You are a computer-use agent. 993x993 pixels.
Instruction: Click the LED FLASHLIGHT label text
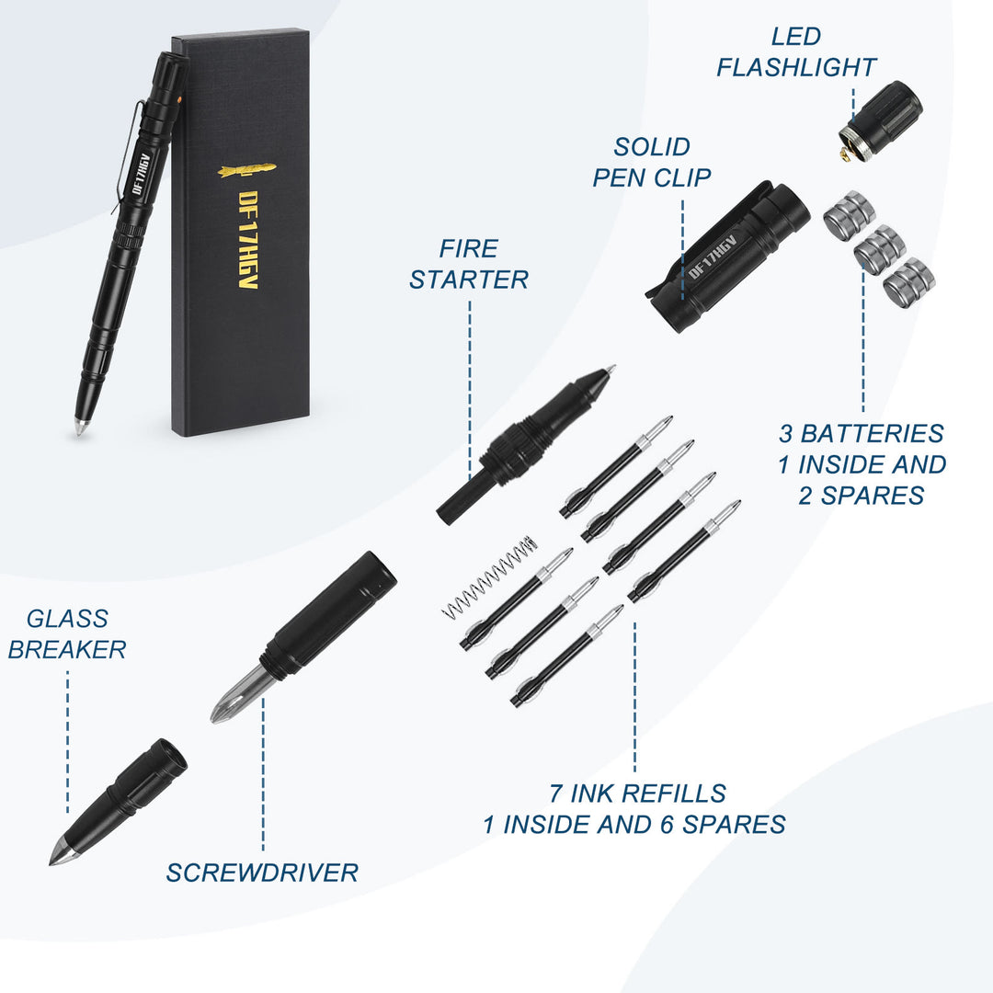(796, 52)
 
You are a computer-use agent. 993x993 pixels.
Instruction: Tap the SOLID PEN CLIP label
(652, 162)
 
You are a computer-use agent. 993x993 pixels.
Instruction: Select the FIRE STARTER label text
(469, 264)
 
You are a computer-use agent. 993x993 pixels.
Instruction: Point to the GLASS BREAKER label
(67, 634)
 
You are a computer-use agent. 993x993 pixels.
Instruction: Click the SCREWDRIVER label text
(262, 873)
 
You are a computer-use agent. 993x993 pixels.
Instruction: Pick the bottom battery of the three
(908, 281)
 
